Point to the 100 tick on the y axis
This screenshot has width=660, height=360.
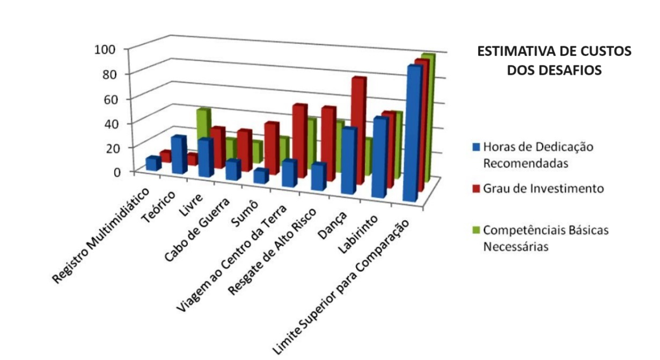[x=105, y=49]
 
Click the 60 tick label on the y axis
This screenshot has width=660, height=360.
[x=109, y=98]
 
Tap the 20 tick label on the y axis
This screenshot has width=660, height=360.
[x=109, y=147]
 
